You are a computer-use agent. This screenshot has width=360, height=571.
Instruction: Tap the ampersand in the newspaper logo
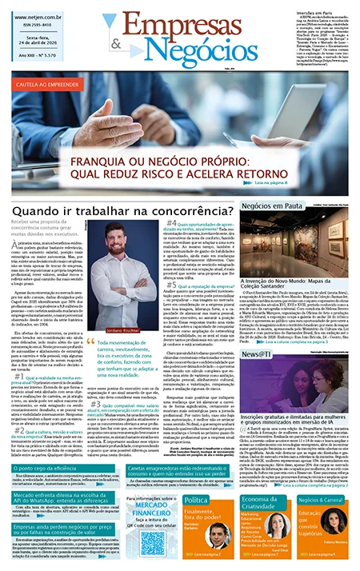pyautogui.click(x=116, y=45)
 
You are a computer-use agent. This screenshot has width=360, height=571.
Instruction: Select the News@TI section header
pyautogui.click(x=259, y=332)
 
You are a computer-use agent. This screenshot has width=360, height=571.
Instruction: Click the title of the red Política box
pyautogui.click(x=197, y=500)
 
